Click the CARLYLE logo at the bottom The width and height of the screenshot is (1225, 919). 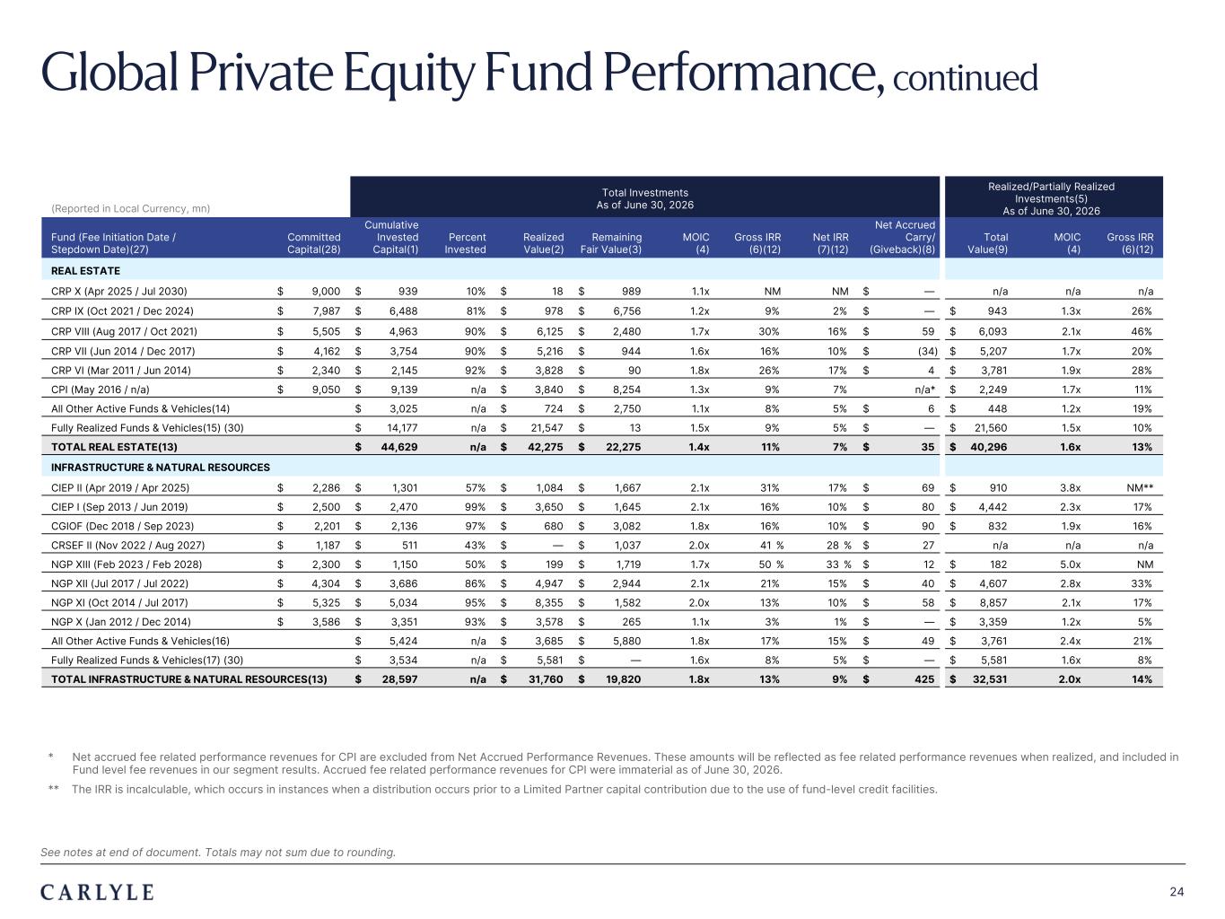pyautogui.click(x=97, y=892)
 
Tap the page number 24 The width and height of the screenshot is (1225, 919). pyautogui.click(x=1177, y=892)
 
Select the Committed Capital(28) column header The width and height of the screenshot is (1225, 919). pyautogui.click(x=313, y=243)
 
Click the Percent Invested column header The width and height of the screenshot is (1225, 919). pyautogui.click(x=466, y=243)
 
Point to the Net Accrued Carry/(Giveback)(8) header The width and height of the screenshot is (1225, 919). pyautogui.click(x=903, y=237)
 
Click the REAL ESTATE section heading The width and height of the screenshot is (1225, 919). pyautogui.click(x=85, y=271)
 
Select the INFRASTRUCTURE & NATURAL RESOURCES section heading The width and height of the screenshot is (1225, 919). pyautogui.click(x=160, y=467)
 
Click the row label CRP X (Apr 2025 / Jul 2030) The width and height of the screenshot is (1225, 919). pyautogui.click(x=118, y=292)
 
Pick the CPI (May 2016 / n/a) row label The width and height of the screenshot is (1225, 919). pyautogui.click(x=101, y=389)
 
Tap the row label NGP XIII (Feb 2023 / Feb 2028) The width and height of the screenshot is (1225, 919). pyautogui.click(x=127, y=565)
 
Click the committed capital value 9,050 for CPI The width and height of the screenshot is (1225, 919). pyautogui.click(x=326, y=389)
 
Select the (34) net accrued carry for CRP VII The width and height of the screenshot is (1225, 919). pyautogui.click(x=928, y=351)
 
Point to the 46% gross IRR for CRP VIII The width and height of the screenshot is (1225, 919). pyautogui.click(x=1142, y=331)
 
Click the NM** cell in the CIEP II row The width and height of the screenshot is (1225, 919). pyautogui.click(x=1140, y=487)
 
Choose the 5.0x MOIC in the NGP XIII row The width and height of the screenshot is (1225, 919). pyautogui.click(x=1071, y=565)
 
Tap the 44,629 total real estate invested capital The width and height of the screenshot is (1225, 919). pyautogui.click(x=399, y=447)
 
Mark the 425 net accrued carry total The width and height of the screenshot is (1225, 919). pyautogui.click(x=924, y=679)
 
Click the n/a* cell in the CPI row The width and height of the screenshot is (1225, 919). pyautogui.click(x=924, y=389)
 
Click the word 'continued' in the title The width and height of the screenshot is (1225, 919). pyautogui.click(x=966, y=77)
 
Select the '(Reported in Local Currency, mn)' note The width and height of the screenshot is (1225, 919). pyautogui.click(x=131, y=209)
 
